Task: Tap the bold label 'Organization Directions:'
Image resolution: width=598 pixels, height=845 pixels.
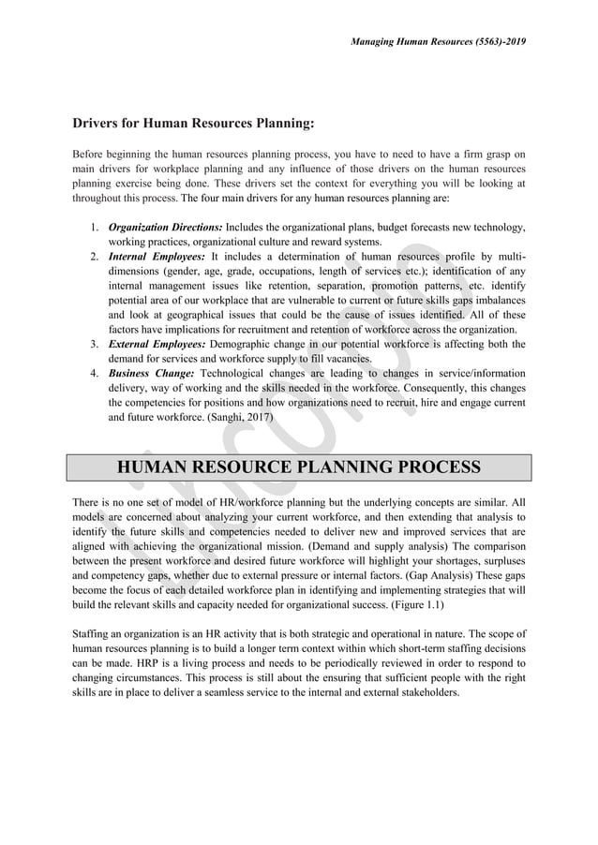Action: [166, 228]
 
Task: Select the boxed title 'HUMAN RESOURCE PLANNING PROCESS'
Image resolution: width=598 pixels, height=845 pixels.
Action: [298, 467]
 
